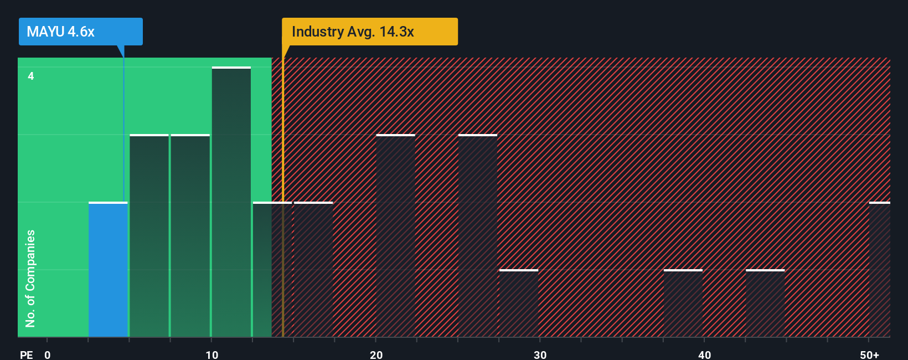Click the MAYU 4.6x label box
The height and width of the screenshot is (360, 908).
pyautogui.click(x=80, y=32)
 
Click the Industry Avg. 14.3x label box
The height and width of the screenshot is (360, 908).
pyautogui.click(x=369, y=32)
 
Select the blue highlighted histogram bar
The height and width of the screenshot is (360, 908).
pyautogui.click(x=108, y=270)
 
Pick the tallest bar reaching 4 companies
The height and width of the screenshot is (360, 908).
pyautogui.click(x=231, y=202)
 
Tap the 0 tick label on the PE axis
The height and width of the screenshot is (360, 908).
pyautogui.click(x=48, y=354)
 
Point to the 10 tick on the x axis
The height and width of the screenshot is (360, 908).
pyautogui.click(x=211, y=354)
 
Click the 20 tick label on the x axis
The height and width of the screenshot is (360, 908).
pyautogui.click(x=376, y=354)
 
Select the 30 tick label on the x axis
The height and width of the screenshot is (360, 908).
pyautogui.click(x=540, y=354)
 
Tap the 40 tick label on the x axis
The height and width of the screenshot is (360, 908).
pyautogui.click(x=704, y=354)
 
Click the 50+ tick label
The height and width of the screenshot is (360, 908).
pyautogui.click(x=869, y=354)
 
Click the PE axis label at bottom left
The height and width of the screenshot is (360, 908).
pyautogui.click(x=26, y=354)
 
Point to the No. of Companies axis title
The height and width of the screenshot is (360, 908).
pyautogui.click(x=30, y=278)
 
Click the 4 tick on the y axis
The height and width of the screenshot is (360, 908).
pyautogui.click(x=31, y=76)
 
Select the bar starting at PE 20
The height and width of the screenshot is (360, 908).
pyautogui.click(x=395, y=236)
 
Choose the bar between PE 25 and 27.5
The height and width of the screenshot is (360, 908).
pyautogui.click(x=478, y=236)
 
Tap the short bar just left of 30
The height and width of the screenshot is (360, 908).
pyautogui.click(x=519, y=304)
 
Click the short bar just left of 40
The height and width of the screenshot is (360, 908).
pyautogui.click(x=683, y=304)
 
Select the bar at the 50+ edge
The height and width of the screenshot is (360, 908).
pyautogui.click(x=880, y=270)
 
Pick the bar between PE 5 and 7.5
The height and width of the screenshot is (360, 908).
pyautogui.click(x=149, y=236)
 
